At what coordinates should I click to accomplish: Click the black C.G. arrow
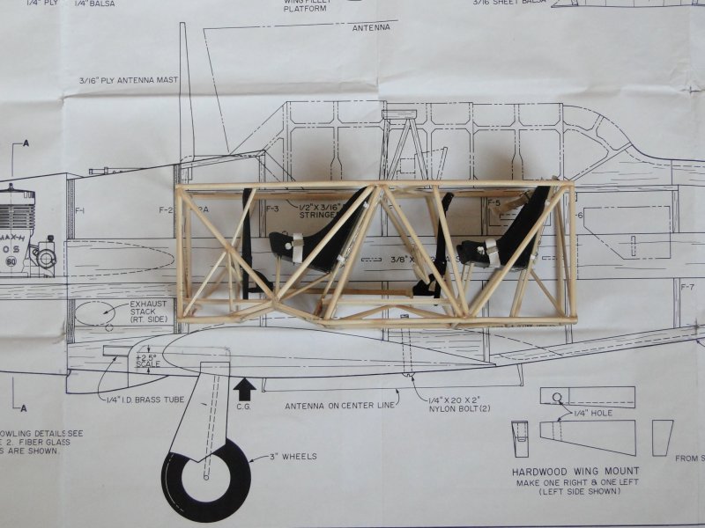coord(246,388)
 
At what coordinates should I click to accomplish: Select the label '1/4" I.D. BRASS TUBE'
coord(146,400)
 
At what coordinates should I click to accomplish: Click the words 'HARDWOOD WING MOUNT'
coord(575,471)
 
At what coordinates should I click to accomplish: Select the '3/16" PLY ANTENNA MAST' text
coord(127,80)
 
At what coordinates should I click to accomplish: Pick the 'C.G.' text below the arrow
coord(246,407)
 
